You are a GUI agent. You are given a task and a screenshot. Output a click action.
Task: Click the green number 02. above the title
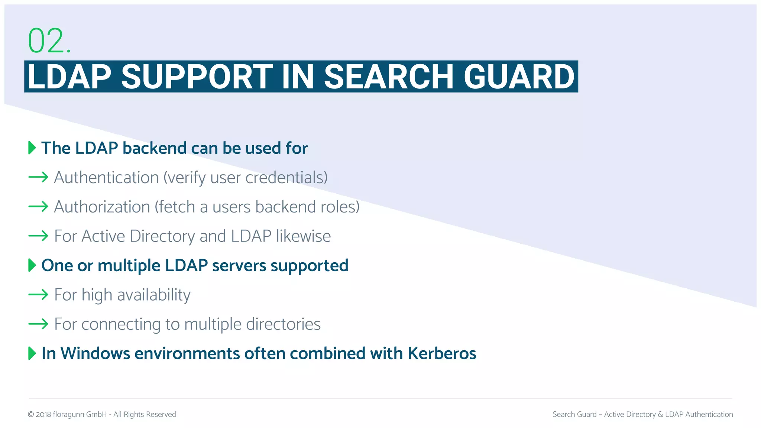(49, 40)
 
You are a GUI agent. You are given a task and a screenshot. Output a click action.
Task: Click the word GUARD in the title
(519, 77)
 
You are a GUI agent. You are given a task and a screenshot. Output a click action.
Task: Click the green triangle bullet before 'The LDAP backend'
(32, 148)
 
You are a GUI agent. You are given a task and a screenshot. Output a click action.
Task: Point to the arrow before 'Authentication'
(38, 177)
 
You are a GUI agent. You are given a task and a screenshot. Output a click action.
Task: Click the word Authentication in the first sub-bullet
(106, 178)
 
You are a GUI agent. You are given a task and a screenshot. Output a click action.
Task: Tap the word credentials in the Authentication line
(286, 178)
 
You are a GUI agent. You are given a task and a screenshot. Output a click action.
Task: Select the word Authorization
(102, 207)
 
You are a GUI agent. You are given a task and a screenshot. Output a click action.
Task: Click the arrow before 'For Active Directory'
(38, 236)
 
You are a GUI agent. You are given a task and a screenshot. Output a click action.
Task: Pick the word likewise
(303, 236)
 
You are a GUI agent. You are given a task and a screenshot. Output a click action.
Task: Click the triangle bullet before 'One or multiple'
(32, 265)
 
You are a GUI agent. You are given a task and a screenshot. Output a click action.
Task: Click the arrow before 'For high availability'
(38, 295)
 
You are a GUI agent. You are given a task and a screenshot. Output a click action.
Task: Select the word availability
(154, 295)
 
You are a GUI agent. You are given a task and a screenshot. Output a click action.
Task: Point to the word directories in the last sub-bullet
(283, 324)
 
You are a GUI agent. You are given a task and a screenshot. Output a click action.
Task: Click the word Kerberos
(442, 353)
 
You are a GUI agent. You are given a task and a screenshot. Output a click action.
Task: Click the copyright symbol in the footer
(31, 415)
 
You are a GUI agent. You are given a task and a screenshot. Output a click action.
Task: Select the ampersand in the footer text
(660, 415)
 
